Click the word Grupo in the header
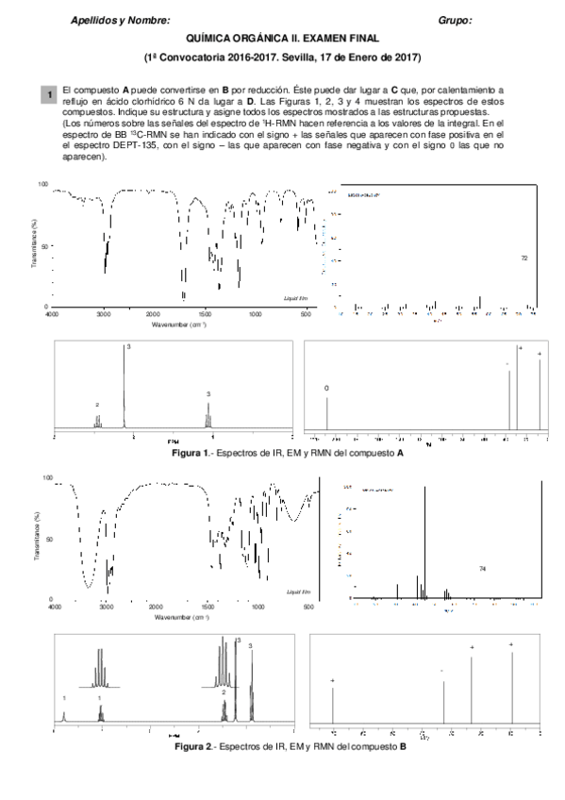[x=455, y=20]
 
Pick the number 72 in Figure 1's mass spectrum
[x=523, y=257]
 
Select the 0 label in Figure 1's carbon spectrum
[x=326, y=389]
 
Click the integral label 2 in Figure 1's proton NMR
[x=97, y=404]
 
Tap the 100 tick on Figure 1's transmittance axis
[x=42, y=185]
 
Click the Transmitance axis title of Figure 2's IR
[x=35, y=538]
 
